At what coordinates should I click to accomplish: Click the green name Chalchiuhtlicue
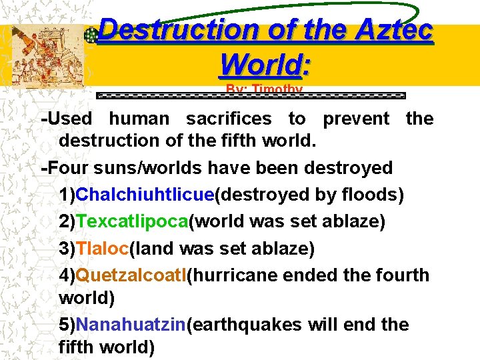pyautogui.click(x=147, y=195)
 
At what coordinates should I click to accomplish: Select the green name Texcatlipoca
pyautogui.click(x=133, y=221)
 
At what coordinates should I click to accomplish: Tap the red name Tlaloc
pyautogui.click(x=103, y=248)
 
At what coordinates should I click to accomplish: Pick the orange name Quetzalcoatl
pyautogui.click(x=131, y=275)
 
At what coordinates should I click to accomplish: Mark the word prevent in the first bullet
pyautogui.click(x=356, y=119)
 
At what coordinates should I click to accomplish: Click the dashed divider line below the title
pyautogui.click(x=251, y=96)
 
